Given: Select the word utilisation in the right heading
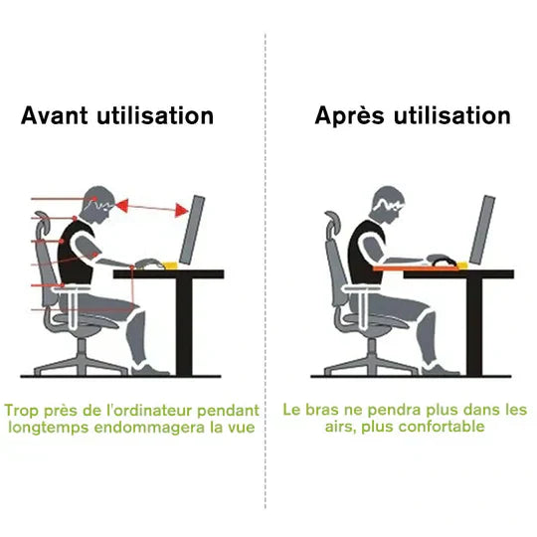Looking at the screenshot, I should tap(453, 116).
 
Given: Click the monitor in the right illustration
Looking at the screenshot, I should tap(483, 231).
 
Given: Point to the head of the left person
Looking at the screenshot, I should tap(99, 205).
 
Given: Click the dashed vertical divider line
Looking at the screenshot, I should tap(266, 298).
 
